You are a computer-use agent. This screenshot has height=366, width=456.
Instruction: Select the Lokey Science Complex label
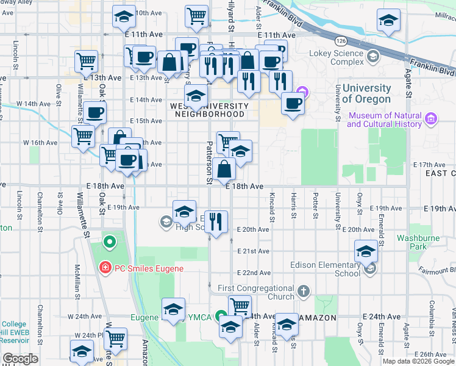tap(339, 57)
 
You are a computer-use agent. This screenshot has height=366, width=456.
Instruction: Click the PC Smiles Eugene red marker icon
tap(105, 267)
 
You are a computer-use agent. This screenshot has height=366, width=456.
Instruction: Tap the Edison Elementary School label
tap(326, 269)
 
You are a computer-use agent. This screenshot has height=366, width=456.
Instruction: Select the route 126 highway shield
tap(341, 40)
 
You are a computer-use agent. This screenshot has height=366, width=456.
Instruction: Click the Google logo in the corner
tap(20, 359)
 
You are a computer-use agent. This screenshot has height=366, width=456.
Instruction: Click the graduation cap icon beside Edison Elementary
tap(366, 251)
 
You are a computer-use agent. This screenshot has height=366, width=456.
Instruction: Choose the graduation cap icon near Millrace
tap(388, 20)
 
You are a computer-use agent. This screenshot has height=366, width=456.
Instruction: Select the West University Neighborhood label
tap(208, 110)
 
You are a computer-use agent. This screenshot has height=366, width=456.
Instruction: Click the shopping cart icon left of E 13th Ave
tap(87, 60)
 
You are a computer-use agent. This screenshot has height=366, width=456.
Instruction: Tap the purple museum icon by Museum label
tap(431, 117)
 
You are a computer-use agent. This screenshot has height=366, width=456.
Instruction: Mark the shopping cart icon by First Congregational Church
tap(240, 306)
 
